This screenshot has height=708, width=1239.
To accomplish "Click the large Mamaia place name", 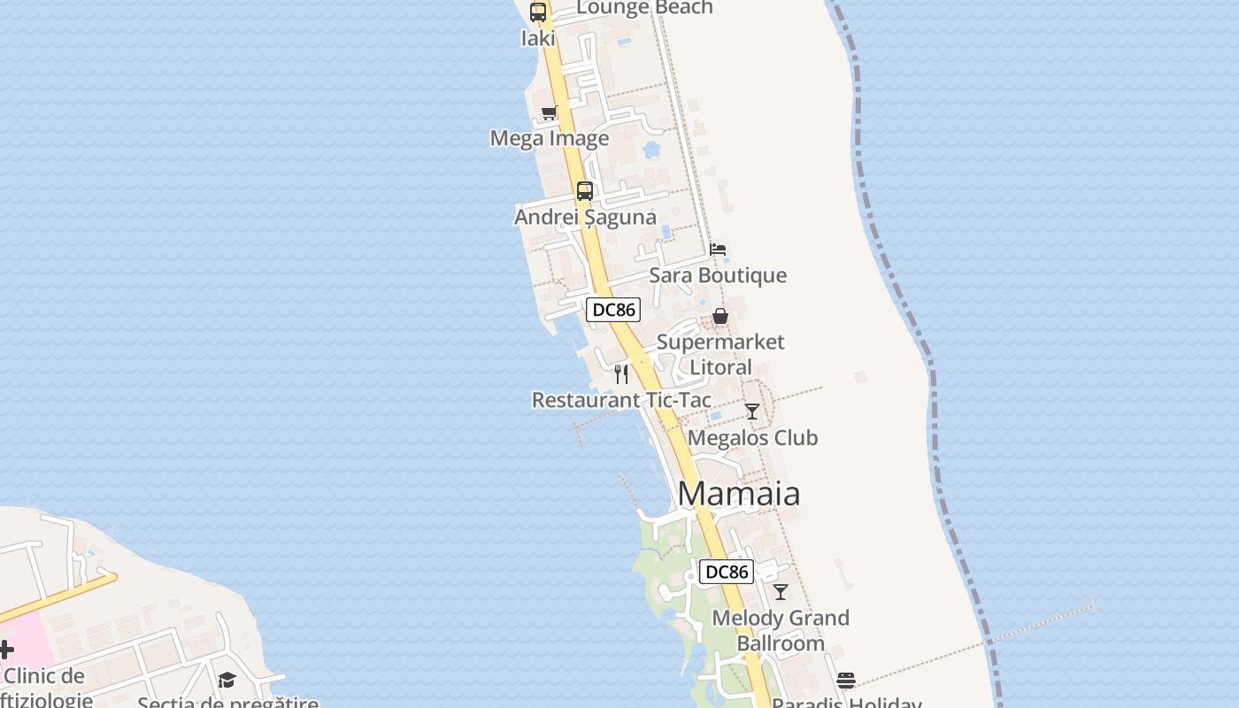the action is tap(739, 494).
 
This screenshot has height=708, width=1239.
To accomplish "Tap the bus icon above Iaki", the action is tap(538, 12).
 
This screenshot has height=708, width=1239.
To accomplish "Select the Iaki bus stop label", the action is tap(538, 38).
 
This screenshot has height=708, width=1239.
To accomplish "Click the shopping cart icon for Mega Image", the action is tap(549, 112).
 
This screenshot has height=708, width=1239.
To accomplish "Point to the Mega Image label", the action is tap(550, 138).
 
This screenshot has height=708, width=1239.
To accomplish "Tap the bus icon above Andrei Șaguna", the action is tap(584, 191).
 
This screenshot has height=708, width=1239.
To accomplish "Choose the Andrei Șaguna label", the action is tap(586, 217).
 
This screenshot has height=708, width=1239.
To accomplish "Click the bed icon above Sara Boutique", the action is tap(718, 250).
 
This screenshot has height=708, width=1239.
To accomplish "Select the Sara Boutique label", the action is tap(718, 275).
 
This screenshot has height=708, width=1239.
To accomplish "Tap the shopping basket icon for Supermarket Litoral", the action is tap(720, 316).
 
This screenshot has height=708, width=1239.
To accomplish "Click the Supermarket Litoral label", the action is tap(720, 354).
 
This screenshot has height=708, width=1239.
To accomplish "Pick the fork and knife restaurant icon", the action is tap(621, 374).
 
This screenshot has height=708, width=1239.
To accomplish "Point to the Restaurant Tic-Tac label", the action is tap(621, 400).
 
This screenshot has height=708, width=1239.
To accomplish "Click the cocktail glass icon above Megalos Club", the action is tap(752, 412).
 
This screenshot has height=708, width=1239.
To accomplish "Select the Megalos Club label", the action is tap(752, 437).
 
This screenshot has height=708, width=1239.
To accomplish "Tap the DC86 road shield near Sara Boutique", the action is tap(613, 310).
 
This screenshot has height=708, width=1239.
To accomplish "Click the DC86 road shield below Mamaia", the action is tap(727, 572).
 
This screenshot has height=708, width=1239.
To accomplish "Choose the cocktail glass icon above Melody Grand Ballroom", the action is tap(780, 592).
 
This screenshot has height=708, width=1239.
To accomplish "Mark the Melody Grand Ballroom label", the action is tap(781, 630).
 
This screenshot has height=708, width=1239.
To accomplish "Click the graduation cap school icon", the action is tap(227, 680).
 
